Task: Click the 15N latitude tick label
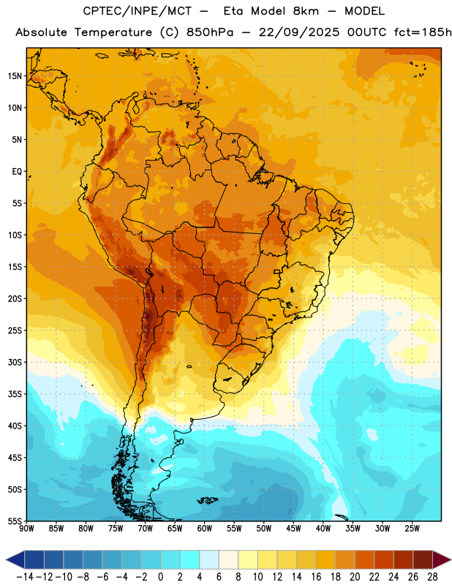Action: [15, 76]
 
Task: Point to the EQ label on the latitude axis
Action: [17, 172]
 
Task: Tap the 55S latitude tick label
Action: [15, 521]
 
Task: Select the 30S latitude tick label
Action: [15, 362]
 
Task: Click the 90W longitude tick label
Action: [26, 529]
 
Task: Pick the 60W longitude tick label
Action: [205, 529]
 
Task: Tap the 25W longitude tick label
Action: [412, 529]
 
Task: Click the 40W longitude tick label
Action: [323, 529]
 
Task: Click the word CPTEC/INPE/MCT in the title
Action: [137, 11]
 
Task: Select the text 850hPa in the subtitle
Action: [210, 32]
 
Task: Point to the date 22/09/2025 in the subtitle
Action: [299, 32]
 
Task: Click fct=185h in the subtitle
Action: [423, 32]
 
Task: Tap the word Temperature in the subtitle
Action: [113, 32]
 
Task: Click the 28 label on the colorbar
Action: [432, 577]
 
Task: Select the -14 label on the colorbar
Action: [26, 577]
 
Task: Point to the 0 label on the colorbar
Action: [160, 577]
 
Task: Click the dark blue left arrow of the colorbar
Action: [15, 560]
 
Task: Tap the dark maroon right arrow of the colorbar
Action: [442, 560]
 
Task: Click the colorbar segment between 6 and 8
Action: [228, 560]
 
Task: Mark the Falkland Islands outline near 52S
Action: [208, 500]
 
